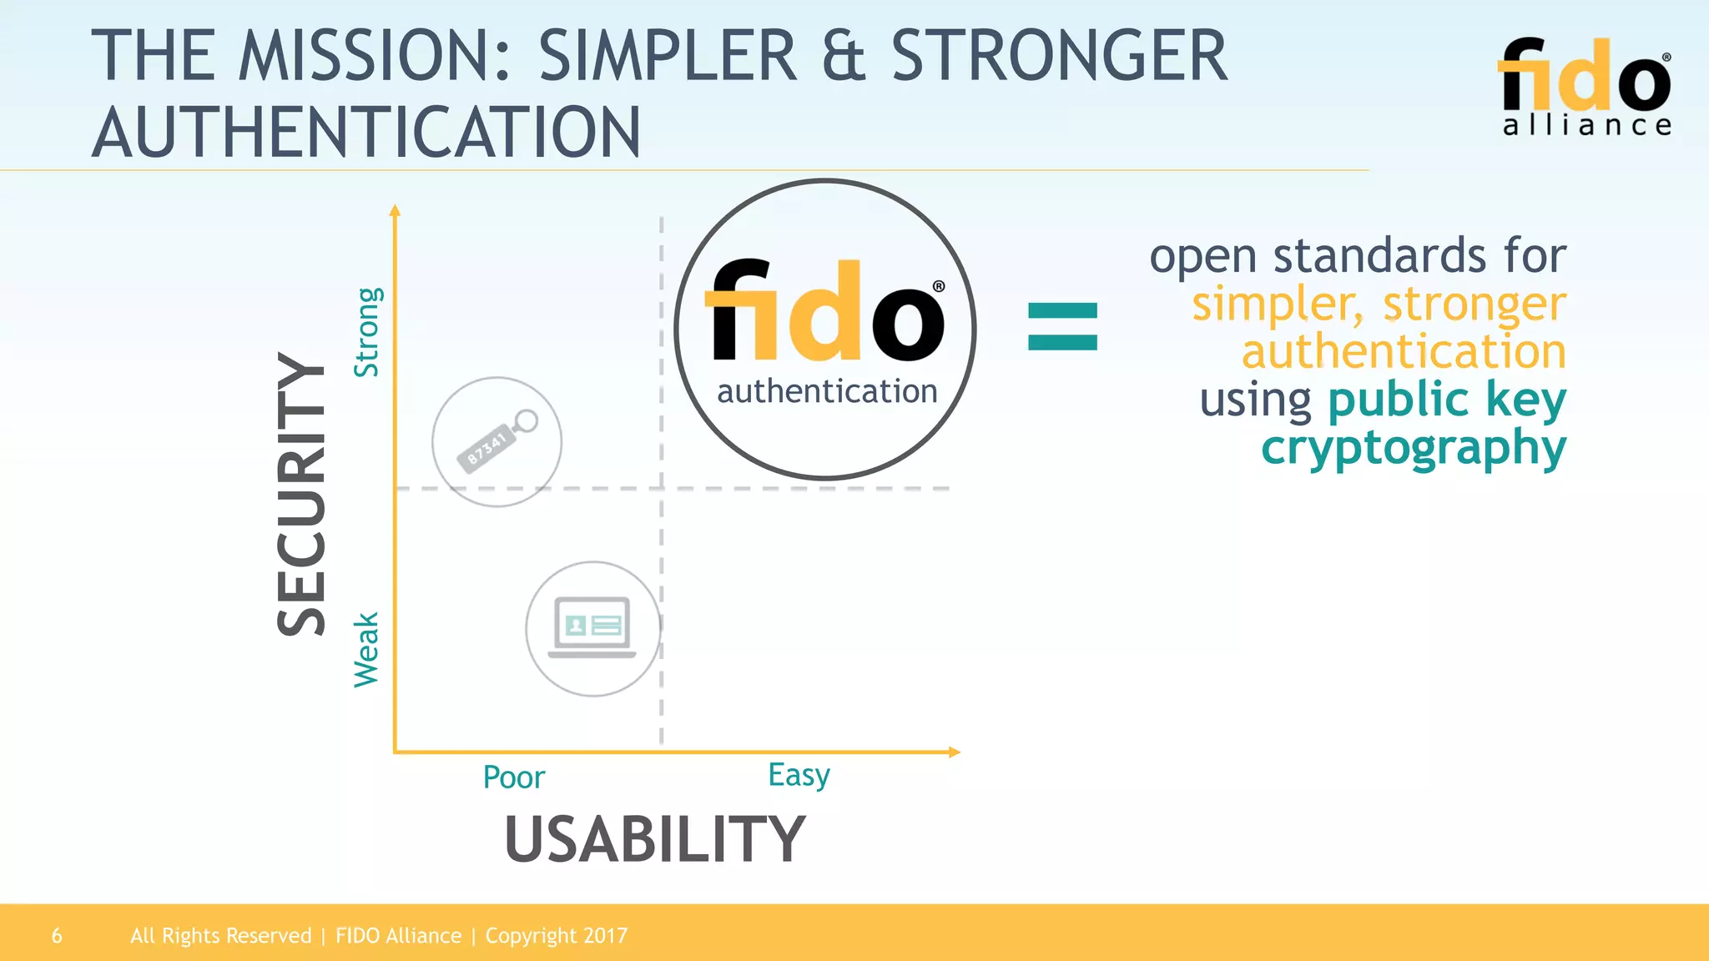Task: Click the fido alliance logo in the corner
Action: click(1585, 86)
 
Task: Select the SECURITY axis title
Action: click(301, 494)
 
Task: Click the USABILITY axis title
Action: click(655, 839)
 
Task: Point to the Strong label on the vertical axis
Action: click(367, 332)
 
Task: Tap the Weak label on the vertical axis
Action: click(366, 650)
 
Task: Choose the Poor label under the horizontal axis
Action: click(513, 777)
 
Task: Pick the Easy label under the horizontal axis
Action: click(799, 775)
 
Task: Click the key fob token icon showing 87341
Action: click(497, 441)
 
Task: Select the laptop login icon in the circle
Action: click(592, 628)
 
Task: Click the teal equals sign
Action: click(1062, 326)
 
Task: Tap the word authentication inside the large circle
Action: click(827, 391)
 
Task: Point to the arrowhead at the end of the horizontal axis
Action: click(955, 752)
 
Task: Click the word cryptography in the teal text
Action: click(1414, 448)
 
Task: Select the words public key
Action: click(1446, 399)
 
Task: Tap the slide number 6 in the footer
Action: click(57, 936)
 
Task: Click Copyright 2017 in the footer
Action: click(556, 936)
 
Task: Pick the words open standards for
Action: click(1358, 255)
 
